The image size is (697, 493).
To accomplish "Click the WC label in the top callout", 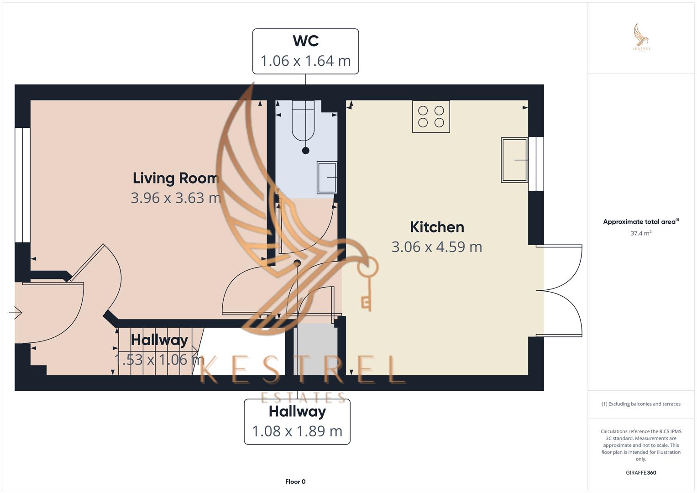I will point(305,41).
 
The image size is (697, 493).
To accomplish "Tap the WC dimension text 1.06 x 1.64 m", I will point(305,61).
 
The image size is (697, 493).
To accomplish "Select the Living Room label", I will point(176,178).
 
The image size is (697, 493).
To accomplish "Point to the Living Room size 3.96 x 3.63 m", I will point(176,198).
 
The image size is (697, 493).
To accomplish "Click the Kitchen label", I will point(437,227).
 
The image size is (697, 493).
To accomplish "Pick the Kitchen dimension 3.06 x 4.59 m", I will point(437,246).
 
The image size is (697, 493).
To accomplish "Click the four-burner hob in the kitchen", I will point(431,116).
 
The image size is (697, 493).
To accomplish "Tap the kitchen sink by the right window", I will point(514,160).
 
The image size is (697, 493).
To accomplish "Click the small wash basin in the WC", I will point(327,177).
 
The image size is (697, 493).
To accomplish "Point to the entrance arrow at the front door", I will point(16,313).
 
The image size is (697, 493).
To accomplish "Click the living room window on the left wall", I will point(22,185).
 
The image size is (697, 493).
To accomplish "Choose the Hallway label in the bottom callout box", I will point(297,411).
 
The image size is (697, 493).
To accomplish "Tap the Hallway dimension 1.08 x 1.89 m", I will point(297,431).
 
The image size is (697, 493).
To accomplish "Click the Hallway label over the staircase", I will point(159,340).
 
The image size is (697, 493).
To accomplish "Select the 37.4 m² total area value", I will point(641,233).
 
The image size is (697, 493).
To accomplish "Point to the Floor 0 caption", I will point(295,482).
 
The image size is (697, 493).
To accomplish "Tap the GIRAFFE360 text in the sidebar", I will point(641,472).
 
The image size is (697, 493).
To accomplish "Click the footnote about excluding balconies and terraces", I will point(641,404).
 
